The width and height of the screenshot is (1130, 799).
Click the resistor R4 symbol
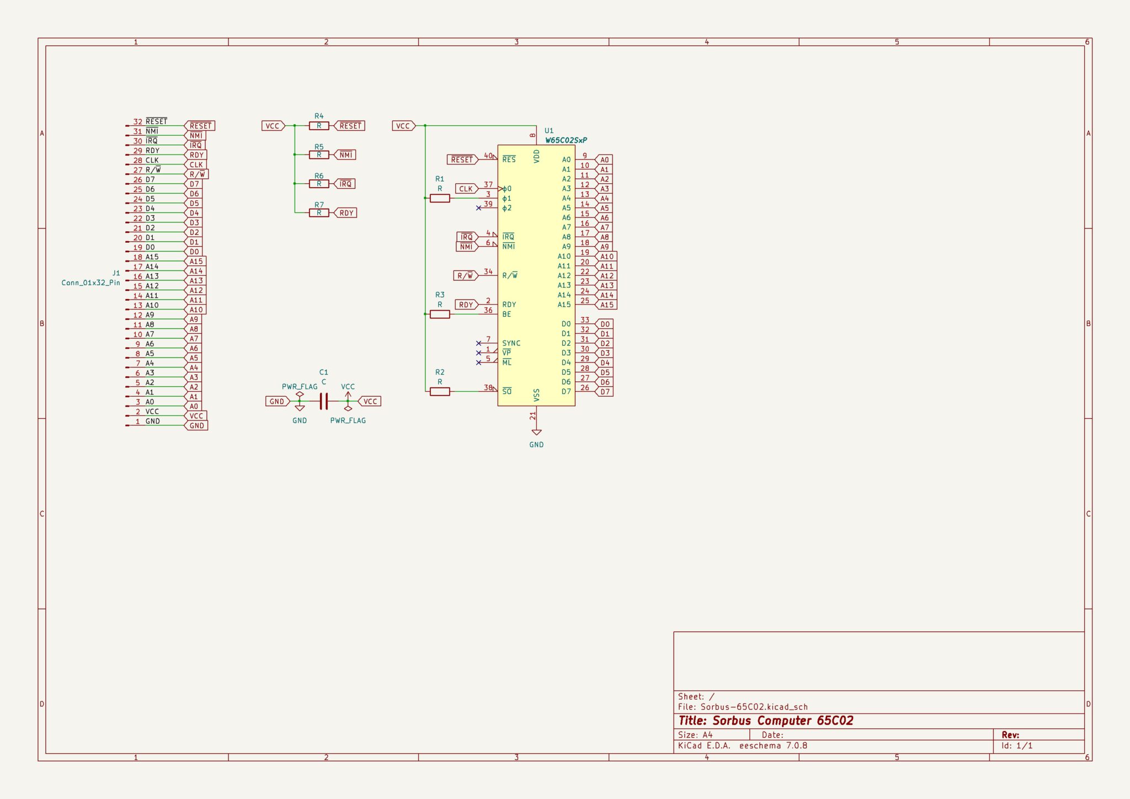tap(319, 126)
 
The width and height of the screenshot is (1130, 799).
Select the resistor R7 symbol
tap(319, 212)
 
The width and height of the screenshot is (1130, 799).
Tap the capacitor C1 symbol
tap(324, 401)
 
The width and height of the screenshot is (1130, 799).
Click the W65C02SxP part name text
tap(566, 140)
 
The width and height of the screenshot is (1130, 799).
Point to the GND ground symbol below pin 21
tap(536, 433)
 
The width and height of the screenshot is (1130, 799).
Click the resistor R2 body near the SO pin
tap(440, 391)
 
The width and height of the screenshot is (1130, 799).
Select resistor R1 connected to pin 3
tap(440, 198)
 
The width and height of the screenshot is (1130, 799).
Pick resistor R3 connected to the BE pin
tap(440, 314)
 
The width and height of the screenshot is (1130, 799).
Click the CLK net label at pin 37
tap(466, 189)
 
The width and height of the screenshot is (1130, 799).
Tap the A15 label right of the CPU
tap(606, 305)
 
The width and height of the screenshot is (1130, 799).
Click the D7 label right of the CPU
tap(604, 392)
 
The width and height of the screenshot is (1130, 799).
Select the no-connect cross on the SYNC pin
tap(478, 343)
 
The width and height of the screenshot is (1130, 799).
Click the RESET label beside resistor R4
tap(350, 126)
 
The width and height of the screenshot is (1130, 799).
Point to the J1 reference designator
tap(116, 273)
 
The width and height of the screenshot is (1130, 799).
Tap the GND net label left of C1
tap(278, 401)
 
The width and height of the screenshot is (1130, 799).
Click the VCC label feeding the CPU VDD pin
tap(404, 126)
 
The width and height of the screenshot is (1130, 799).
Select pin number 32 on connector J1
tap(137, 122)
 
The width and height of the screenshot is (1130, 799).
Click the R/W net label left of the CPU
tap(466, 275)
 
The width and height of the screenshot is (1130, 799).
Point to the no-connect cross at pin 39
tap(478, 208)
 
